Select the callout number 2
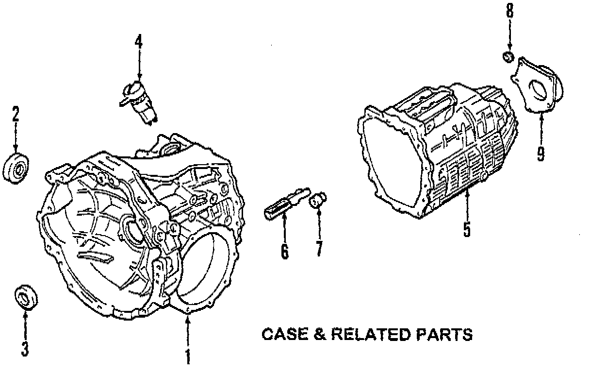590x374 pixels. coord(16,116)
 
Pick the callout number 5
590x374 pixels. coord(466,229)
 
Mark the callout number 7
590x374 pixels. coord(319,248)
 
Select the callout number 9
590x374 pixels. coord(540,153)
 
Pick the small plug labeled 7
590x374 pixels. coord(319,199)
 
